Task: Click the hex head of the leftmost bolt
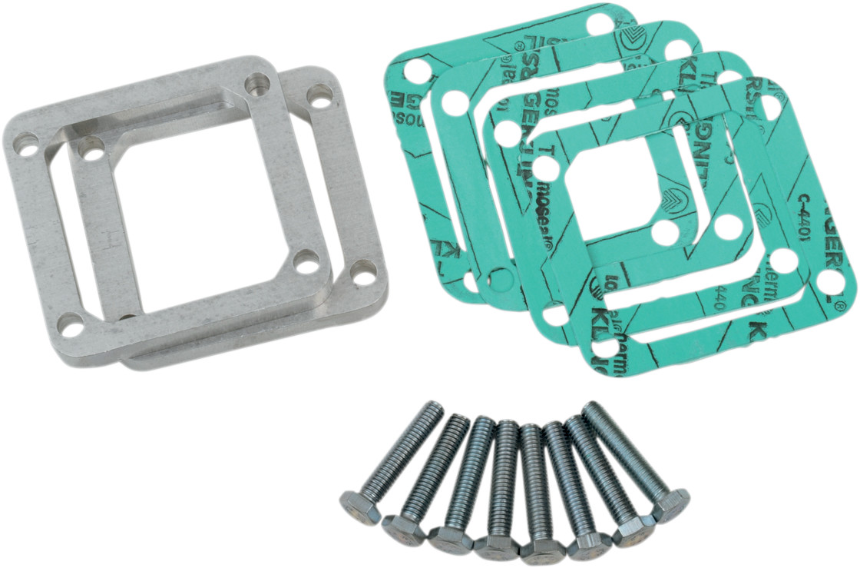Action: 359,508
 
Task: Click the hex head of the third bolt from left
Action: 450,539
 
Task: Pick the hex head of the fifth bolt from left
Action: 542,548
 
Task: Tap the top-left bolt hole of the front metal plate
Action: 26,144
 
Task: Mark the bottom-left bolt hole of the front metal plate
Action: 71,326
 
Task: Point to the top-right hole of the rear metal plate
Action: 319,95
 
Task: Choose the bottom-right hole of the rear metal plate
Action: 362,271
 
